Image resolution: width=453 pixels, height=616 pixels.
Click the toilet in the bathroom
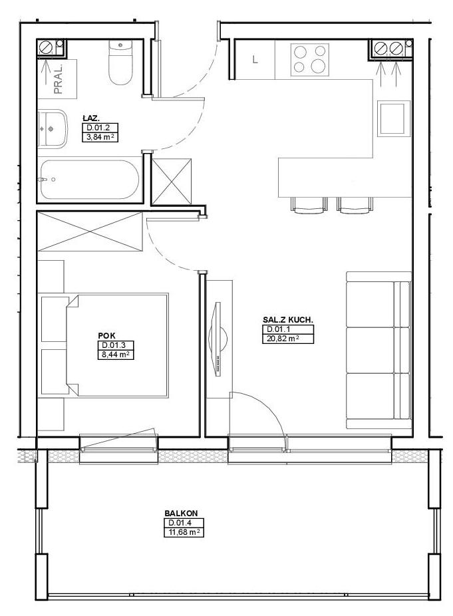[120, 62]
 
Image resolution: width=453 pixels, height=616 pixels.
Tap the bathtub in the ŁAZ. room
[90, 179]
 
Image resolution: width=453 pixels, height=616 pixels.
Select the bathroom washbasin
[53, 128]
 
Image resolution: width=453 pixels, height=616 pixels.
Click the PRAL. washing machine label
[59, 79]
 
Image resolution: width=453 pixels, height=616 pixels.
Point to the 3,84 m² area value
[100, 137]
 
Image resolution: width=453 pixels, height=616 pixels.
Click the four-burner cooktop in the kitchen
[309, 60]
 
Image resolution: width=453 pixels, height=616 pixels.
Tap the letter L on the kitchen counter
[255, 60]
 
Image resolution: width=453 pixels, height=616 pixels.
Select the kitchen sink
[391, 118]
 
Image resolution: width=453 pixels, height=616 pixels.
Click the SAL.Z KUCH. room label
[288, 320]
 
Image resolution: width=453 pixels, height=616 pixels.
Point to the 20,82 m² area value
[288, 339]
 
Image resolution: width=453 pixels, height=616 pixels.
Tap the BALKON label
[181, 513]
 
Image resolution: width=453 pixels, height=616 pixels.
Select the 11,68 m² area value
[184, 532]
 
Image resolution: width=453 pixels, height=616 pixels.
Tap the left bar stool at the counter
[309, 206]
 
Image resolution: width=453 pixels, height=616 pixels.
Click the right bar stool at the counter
[355, 206]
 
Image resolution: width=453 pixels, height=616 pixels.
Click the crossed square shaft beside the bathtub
[172, 182]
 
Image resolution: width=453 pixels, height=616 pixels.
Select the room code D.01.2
[100, 128]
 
